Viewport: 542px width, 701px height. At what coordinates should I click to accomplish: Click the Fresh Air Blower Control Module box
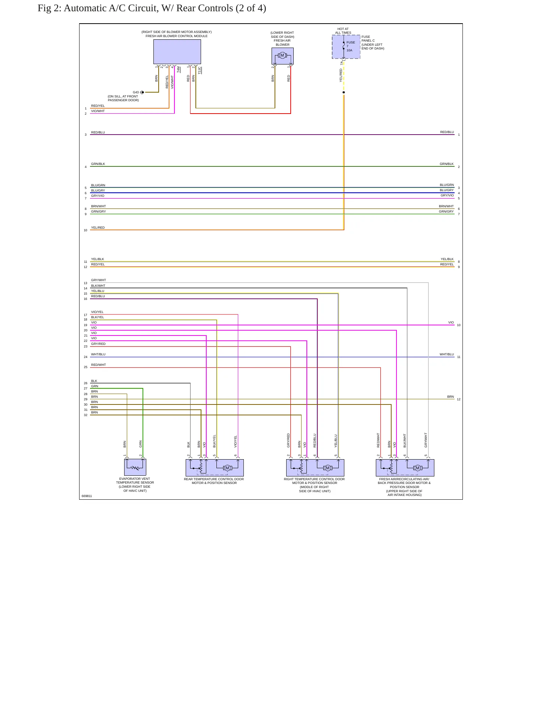pyautogui.click(x=177, y=52)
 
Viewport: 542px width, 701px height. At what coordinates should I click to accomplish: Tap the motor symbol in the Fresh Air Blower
pyautogui.click(x=282, y=55)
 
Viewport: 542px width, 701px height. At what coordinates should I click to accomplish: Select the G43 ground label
pyautogui.click(x=136, y=92)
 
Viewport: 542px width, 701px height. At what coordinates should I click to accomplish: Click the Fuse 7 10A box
pyautogui.click(x=346, y=47)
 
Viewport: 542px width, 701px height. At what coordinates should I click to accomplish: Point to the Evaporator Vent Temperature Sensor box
pyautogui.click(x=135, y=467)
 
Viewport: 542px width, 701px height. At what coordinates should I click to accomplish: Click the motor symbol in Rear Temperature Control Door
pyautogui.click(x=227, y=468)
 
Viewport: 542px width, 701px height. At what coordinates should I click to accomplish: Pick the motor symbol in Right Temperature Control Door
pyautogui.click(x=328, y=468)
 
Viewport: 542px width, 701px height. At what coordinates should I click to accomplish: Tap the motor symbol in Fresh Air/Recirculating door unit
pyautogui.click(x=418, y=468)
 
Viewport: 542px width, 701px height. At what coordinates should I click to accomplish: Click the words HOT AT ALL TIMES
pyautogui.click(x=343, y=31)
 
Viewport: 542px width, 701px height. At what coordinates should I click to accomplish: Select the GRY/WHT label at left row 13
pyautogui.click(x=99, y=280)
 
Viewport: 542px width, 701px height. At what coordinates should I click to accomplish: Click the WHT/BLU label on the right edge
pyautogui.click(x=447, y=354)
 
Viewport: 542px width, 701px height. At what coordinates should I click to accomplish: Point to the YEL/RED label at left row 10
pyautogui.click(x=98, y=228)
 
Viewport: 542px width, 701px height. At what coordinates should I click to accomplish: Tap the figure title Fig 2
pyautogui.click(x=152, y=8)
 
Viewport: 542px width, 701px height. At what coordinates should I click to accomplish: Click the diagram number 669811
pyautogui.click(x=87, y=496)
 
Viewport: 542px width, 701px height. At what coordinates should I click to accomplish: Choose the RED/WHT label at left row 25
pyautogui.click(x=99, y=365)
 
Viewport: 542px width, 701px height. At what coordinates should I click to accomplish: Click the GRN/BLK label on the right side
pyautogui.click(x=447, y=164)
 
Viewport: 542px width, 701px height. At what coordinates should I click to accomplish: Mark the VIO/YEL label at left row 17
pyautogui.click(x=98, y=312)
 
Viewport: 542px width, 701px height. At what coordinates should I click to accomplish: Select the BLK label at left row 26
pyautogui.click(x=94, y=381)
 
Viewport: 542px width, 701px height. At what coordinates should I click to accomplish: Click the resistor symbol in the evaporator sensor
pyautogui.click(x=135, y=468)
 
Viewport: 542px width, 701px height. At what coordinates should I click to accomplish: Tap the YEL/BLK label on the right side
pyautogui.click(x=447, y=259)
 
